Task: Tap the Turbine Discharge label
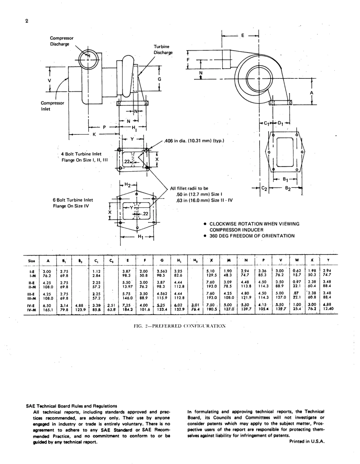[163, 49]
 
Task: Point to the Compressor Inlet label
[52, 106]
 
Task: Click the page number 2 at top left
[27, 21]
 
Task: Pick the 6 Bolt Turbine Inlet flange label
[73, 203]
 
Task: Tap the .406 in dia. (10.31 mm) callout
[195, 141]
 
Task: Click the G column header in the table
[162, 261]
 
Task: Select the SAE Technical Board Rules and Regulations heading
[72, 406]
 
